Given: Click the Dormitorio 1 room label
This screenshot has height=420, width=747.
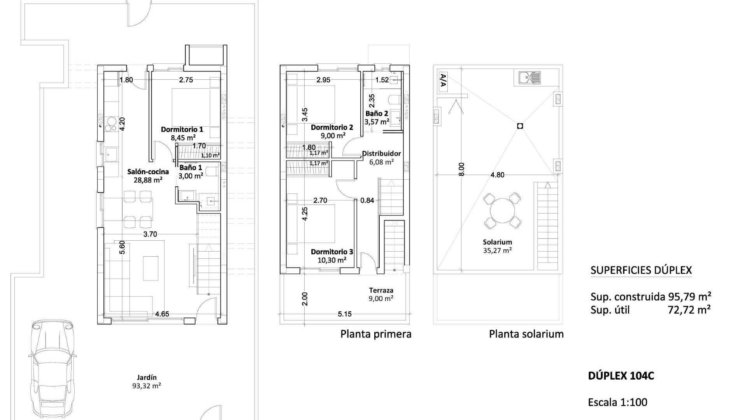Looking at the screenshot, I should pos(182,129).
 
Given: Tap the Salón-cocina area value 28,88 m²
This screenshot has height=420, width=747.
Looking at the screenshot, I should pos(148,180).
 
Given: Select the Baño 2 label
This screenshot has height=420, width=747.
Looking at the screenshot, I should pos(377,114).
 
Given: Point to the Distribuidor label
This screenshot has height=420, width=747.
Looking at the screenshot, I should pos(381,154).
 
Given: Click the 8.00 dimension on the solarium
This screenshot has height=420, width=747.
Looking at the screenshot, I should pos(461,169).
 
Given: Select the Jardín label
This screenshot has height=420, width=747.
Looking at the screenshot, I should pos(147,377).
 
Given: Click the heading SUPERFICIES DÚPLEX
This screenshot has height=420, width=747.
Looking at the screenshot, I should pos(641,270).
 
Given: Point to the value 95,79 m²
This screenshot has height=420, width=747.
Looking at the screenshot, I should pos(690,297).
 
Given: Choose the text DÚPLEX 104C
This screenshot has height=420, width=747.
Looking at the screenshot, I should pos(621,376).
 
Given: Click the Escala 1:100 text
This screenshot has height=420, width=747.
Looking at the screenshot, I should pos(617,402).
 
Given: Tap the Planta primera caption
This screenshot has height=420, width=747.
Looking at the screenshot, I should pos(376,334).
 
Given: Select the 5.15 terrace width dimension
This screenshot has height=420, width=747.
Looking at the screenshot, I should pos(345,314).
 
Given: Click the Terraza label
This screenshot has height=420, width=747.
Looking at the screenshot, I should pos(381,290).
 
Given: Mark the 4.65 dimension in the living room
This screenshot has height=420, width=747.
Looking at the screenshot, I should pos(162,313).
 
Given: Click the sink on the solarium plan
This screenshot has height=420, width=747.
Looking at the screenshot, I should pos(530,78).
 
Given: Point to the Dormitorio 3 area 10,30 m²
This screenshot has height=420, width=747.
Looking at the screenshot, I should pos(331,260).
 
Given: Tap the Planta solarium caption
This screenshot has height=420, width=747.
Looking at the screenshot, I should pos(526,334).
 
